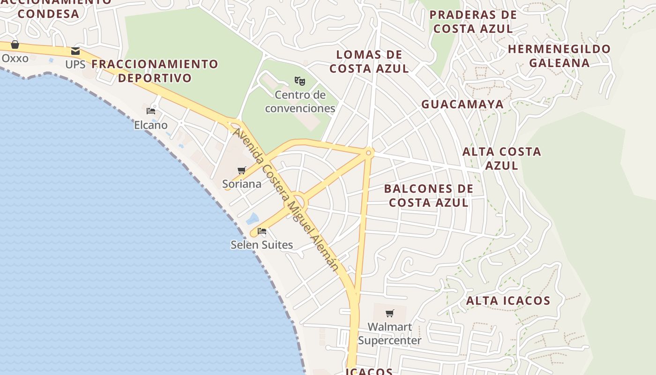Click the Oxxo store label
tap(15, 59)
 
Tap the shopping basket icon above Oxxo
tap(15, 45)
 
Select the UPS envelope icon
tap(75, 51)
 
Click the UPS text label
tap(75, 64)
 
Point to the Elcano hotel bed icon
tap(151, 111)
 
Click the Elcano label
tap(151, 125)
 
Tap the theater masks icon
tap(300, 81)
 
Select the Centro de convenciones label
tap(300, 102)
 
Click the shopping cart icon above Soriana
tap(242, 170)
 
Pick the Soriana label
tap(242, 184)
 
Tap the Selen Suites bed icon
tap(262, 231)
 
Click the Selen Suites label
tap(262, 245)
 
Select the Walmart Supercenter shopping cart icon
tap(390, 313)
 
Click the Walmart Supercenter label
tap(390, 333)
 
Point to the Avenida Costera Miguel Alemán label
tap(286, 199)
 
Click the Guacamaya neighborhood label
tap(462, 104)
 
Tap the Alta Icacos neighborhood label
tap(508, 300)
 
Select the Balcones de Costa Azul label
tap(429, 195)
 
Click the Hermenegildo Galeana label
tap(559, 56)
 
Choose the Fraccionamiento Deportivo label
tap(155, 71)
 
